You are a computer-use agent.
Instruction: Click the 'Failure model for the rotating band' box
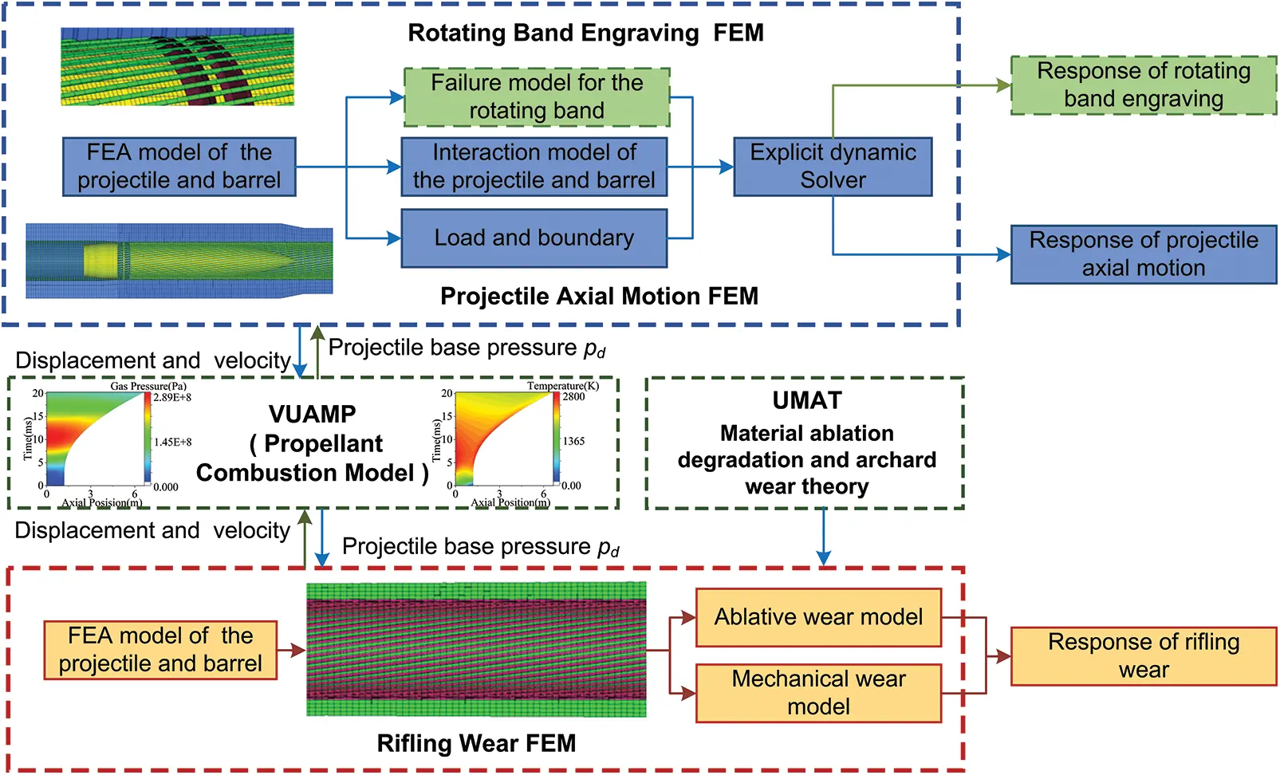(536, 97)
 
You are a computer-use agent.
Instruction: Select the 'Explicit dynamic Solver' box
(833, 167)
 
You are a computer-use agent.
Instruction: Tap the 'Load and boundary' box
(534, 238)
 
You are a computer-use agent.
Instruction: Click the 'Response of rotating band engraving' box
(1143, 85)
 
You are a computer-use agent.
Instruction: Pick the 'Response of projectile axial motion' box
(1143, 254)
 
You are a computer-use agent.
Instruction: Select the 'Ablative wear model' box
(818, 617)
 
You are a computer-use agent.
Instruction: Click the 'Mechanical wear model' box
(818, 693)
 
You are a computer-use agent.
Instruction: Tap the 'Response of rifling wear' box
(1143, 656)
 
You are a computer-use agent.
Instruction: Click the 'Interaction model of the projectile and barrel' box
(534, 167)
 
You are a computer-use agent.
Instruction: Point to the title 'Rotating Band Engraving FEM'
(585, 33)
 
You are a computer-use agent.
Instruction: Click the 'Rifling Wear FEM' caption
(476, 743)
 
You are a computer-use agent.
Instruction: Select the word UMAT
(806, 400)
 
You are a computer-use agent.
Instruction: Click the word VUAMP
(312, 414)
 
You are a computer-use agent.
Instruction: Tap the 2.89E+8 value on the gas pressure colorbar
(171, 397)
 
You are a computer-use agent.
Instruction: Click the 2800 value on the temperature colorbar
(573, 396)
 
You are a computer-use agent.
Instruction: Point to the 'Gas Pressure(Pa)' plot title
(148, 386)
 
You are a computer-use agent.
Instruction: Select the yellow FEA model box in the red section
(160, 650)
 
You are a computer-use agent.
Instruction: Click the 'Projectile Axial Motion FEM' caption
(599, 297)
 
